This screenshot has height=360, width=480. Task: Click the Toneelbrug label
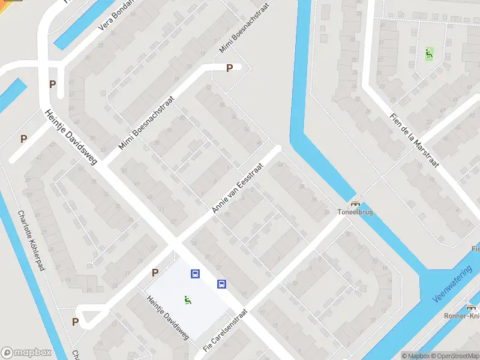click(355, 212)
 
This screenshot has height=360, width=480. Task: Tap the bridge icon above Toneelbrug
click(355, 204)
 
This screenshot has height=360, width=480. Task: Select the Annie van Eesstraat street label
click(238, 188)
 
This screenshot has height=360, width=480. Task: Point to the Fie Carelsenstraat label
click(225, 331)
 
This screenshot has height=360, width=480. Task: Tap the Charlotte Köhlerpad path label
click(32, 240)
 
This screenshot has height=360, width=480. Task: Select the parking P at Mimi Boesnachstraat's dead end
click(229, 68)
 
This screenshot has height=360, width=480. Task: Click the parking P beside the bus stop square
click(155, 272)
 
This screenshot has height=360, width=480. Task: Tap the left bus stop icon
click(195, 274)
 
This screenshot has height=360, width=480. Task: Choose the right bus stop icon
click(221, 284)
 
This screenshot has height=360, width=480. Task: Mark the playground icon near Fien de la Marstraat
click(428, 53)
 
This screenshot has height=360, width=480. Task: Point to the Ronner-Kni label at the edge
click(463, 316)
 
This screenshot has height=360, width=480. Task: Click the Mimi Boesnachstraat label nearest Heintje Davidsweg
click(146, 123)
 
